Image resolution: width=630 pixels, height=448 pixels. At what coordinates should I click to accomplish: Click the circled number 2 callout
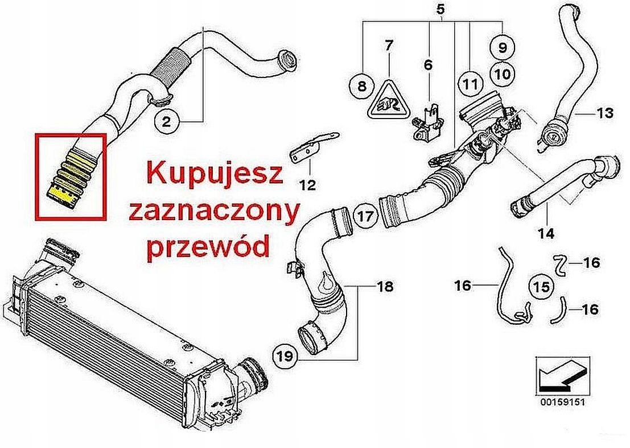[x=166, y=121]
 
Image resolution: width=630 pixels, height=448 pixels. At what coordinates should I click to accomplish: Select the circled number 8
[x=360, y=86]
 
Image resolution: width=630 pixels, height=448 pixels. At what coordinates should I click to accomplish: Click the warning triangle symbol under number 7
[x=389, y=100]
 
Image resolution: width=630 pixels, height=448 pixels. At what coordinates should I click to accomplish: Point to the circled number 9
[x=503, y=48]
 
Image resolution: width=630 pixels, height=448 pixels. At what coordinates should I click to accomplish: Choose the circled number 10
[x=503, y=74]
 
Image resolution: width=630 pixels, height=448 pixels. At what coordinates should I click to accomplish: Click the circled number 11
[x=469, y=84]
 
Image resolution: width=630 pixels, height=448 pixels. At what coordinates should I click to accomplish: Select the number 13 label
[x=606, y=113]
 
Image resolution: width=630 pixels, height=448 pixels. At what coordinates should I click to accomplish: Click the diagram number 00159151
[x=560, y=401]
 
